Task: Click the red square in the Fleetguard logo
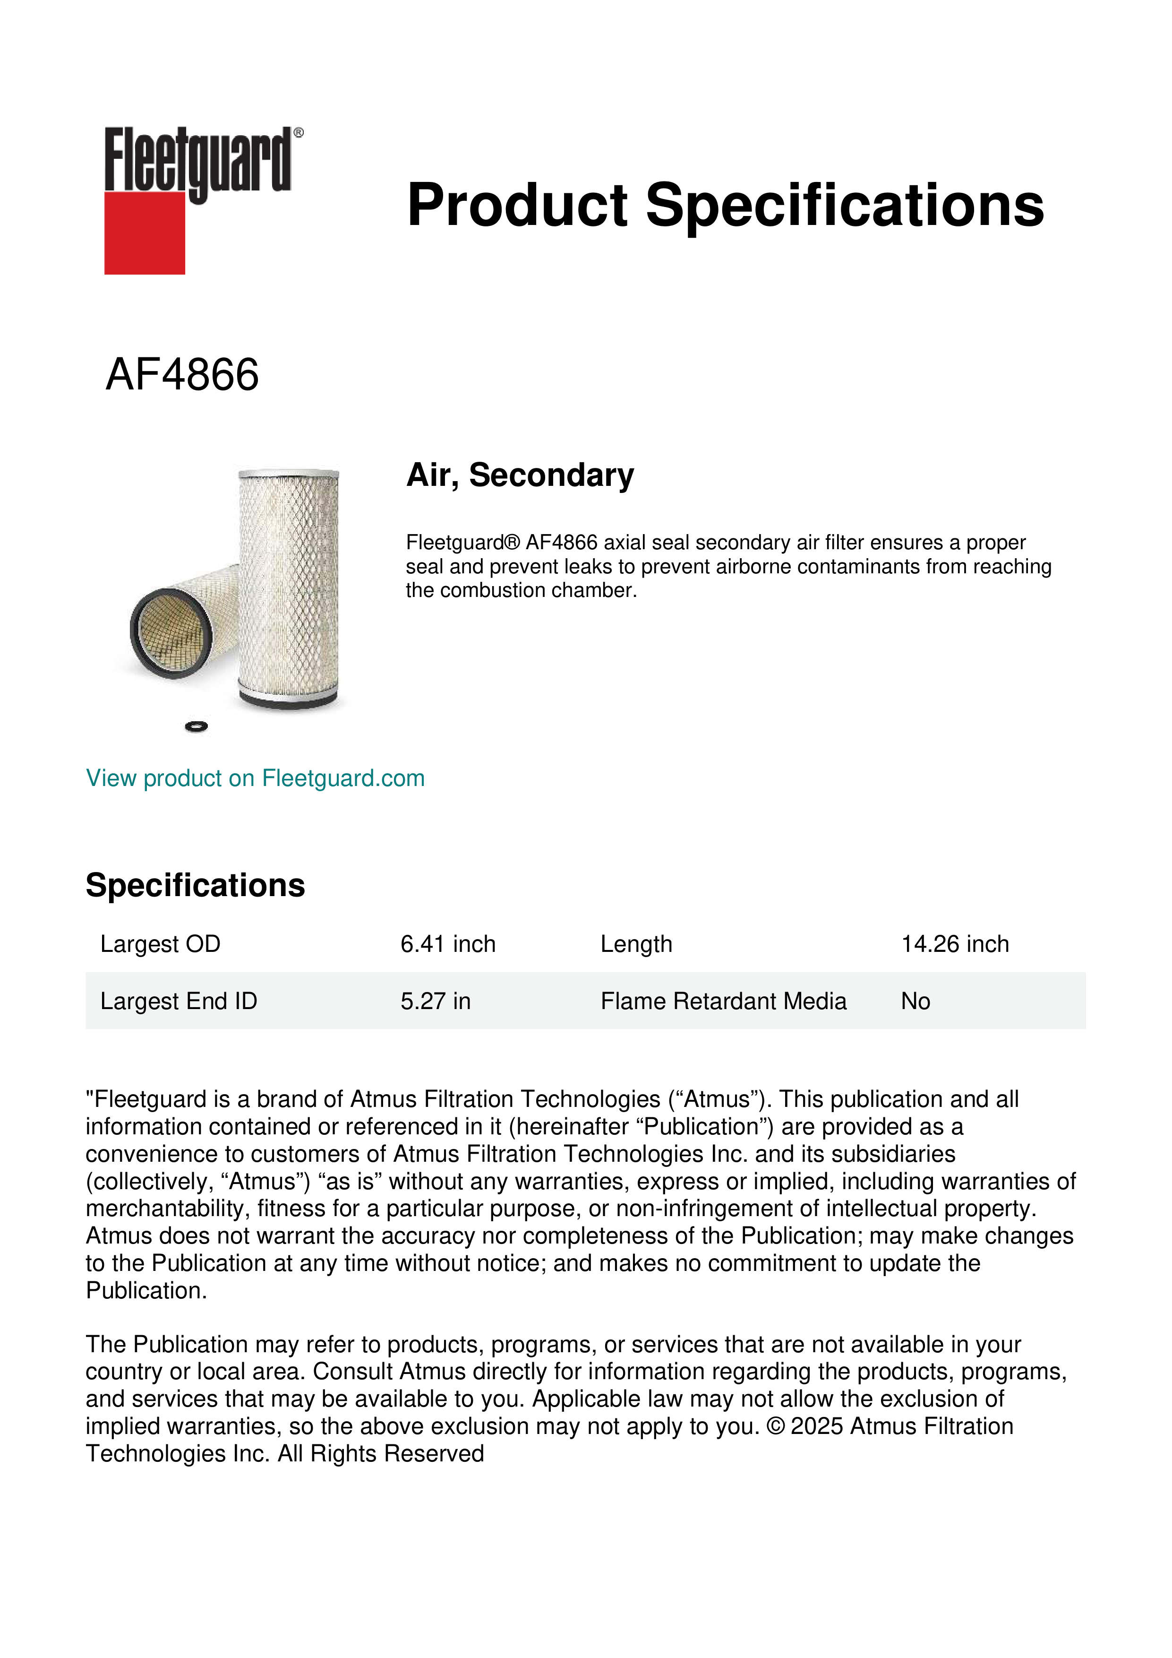click(145, 233)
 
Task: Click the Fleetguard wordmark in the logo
click(198, 160)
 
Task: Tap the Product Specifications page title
click(725, 205)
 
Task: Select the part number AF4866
click(182, 375)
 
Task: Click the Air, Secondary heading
click(520, 475)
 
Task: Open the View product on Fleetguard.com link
click(255, 778)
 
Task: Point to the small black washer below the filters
click(197, 726)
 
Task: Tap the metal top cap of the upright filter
click(289, 474)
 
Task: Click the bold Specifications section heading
click(195, 885)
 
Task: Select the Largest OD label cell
click(160, 944)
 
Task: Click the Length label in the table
click(636, 944)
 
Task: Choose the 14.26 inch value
click(954, 944)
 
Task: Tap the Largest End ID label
click(178, 1001)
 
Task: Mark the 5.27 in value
click(435, 1001)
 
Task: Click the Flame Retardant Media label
click(723, 1001)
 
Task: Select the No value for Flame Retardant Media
click(915, 1001)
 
